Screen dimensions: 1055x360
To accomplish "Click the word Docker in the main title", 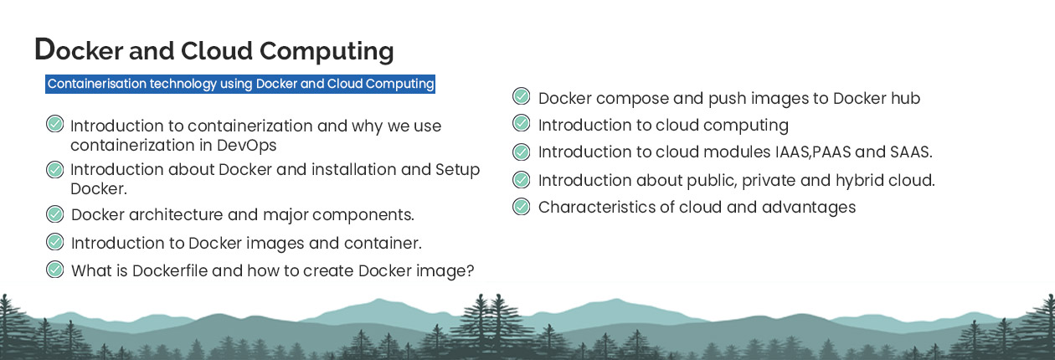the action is point(79,50).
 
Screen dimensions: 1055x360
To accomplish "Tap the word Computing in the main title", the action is point(327,51).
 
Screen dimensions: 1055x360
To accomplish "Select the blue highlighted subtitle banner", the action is point(240,84).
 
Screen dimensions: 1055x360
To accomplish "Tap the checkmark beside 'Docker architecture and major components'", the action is point(54,214).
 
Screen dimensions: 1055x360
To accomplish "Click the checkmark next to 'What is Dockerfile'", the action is point(54,270).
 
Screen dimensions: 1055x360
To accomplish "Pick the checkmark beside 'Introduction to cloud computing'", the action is point(521,123).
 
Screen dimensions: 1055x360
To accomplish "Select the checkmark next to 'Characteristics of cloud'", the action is point(521,207).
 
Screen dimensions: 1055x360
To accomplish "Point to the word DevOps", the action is point(246,145).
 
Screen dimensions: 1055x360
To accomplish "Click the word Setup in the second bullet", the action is point(457,170).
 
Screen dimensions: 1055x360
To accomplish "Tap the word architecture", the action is point(176,214).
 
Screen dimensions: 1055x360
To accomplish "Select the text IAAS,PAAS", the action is point(813,152).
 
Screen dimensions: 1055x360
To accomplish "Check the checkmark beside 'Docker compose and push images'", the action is point(521,96).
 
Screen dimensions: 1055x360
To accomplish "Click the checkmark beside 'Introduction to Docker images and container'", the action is point(54,242).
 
